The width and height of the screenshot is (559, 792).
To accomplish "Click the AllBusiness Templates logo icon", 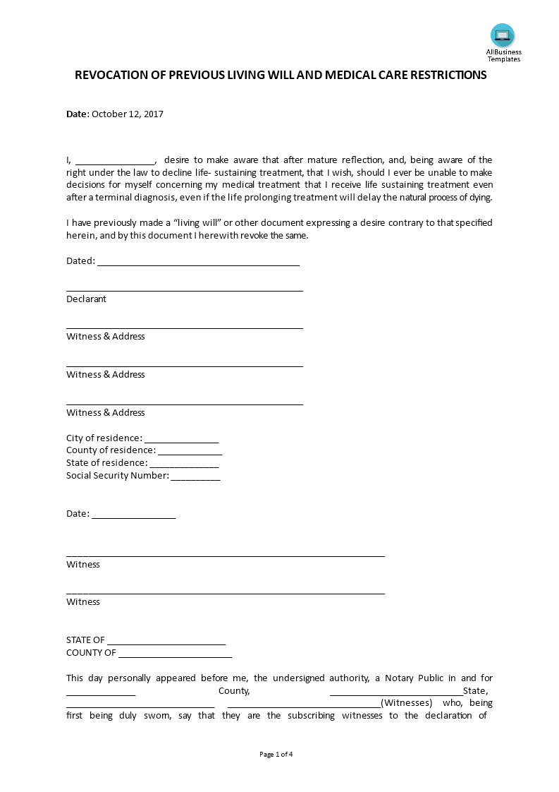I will pos(503,35).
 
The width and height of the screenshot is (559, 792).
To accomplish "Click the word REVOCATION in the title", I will pos(111,76).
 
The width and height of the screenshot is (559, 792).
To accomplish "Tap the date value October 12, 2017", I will pos(128,114).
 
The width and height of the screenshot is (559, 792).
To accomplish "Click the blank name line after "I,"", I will pos(115,160).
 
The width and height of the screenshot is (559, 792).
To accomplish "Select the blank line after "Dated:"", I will pos(198,262).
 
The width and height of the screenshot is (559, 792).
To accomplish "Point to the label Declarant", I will pos(86,299).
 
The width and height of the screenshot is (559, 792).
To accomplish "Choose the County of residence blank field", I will pos(190,451).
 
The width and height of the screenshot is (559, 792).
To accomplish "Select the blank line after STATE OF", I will pos(167,641).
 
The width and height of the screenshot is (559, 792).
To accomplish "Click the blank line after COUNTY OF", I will pos(176,654).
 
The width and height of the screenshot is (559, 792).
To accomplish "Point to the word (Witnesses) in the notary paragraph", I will pos(406,703).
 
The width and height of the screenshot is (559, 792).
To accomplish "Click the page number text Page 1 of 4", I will pos(276,755).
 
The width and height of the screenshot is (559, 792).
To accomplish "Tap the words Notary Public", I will pos(415,678).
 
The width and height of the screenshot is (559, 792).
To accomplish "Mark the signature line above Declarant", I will pos(185,290).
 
